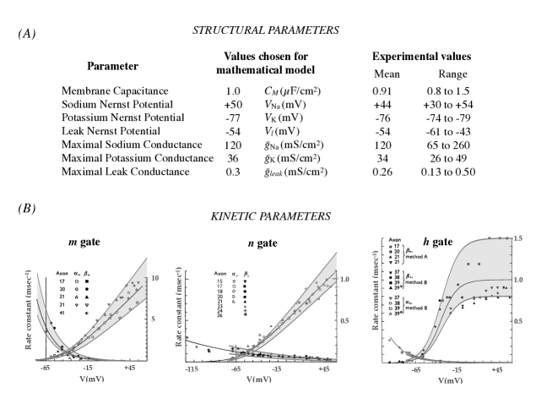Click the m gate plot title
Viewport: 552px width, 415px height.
coord(85,243)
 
